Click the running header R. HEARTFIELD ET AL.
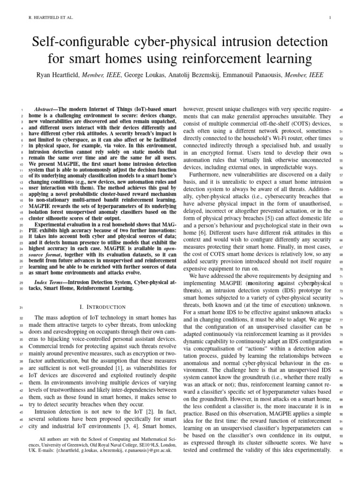pos(47,18)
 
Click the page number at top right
pos(331,18)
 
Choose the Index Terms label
pos(50,283)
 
